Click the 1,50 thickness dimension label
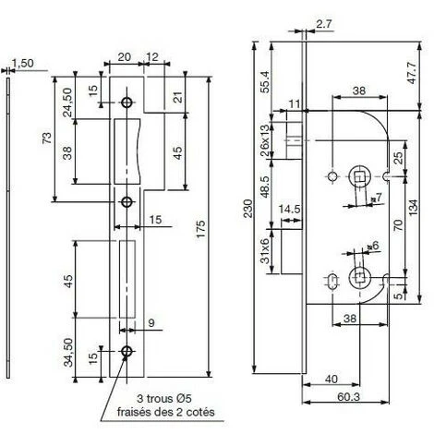(23, 63)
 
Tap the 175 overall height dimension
(200, 228)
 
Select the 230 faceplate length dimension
(247, 209)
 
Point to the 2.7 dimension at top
(324, 24)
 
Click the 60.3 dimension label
(348, 397)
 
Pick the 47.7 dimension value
(412, 72)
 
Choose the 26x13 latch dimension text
(265, 140)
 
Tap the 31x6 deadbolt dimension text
(265, 250)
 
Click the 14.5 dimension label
(289, 209)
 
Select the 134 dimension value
(414, 207)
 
